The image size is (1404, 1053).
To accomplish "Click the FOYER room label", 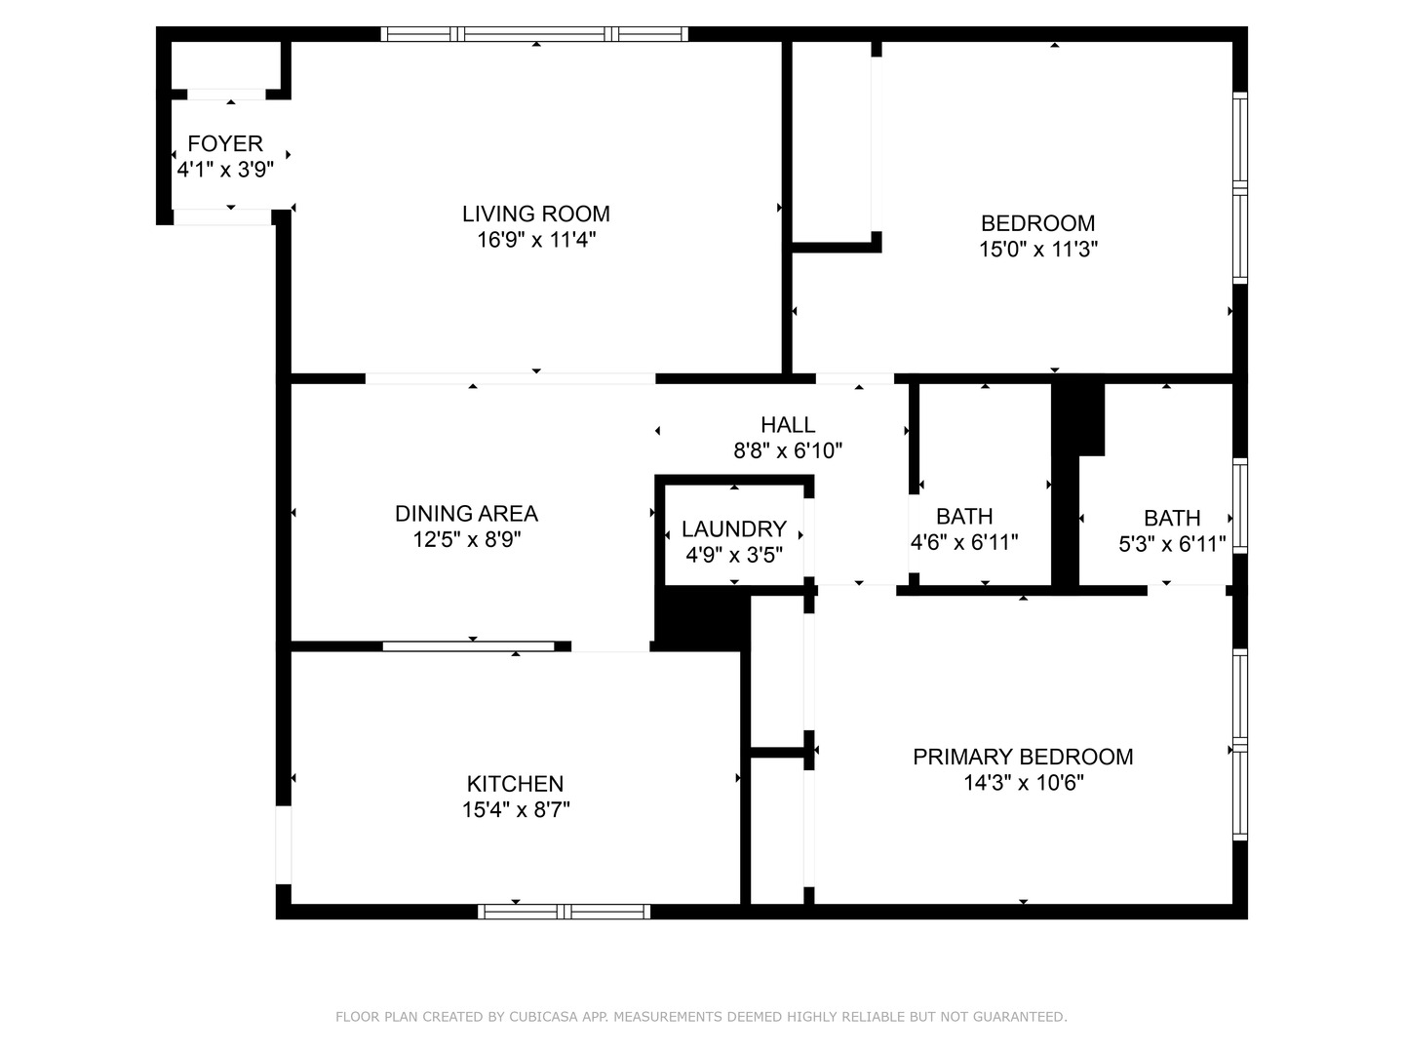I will pyautogui.click(x=225, y=143).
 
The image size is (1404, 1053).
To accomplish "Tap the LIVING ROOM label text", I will pyautogui.click(x=535, y=214).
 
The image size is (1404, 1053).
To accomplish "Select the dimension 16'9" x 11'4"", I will pyautogui.click(x=535, y=240).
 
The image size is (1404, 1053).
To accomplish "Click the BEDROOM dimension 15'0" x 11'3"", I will pyautogui.click(x=1037, y=250).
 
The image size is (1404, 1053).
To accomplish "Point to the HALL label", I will pyautogui.click(x=788, y=424).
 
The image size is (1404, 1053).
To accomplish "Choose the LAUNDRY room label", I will pyautogui.click(x=733, y=528).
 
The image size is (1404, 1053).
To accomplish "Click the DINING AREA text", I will pyautogui.click(x=466, y=513).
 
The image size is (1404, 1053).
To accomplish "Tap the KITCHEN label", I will pyautogui.click(x=515, y=783).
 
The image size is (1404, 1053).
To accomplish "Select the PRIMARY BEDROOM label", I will pyautogui.click(x=1022, y=757).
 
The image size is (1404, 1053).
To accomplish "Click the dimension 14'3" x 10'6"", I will pyautogui.click(x=1022, y=783).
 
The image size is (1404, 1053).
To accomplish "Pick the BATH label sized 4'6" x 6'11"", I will pyautogui.click(x=964, y=516).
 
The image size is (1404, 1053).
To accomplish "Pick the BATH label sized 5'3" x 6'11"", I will pyautogui.click(x=1171, y=518).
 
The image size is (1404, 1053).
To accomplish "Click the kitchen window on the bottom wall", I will pyautogui.click(x=564, y=912).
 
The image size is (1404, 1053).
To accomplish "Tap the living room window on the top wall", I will pyautogui.click(x=534, y=34).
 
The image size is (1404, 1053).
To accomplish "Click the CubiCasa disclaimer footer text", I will pyautogui.click(x=701, y=1017).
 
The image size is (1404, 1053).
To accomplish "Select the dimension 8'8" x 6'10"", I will pyautogui.click(x=788, y=450).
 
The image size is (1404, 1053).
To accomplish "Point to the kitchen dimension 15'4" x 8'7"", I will pyautogui.click(x=515, y=809).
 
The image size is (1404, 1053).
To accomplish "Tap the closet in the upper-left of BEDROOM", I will pyautogui.click(x=831, y=141).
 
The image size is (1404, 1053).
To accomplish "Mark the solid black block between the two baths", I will pyautogui.click(x=1076, y=419).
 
